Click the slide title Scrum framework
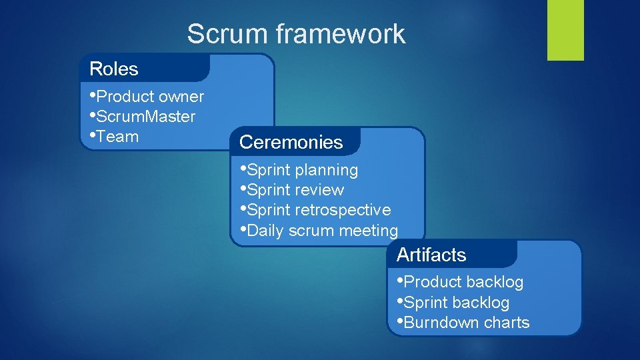click(295, 34)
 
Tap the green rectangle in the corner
click(565, 30)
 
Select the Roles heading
click(114, 69)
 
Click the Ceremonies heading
click(291, 142)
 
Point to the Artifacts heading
click(431, 255)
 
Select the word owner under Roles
click(181, 97)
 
